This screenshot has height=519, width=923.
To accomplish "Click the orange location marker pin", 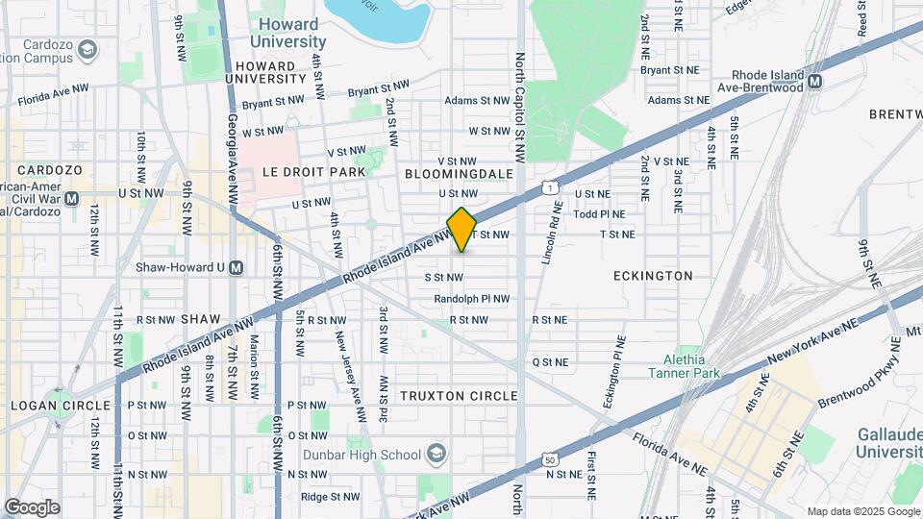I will pyautogui.click(x=462, y=229).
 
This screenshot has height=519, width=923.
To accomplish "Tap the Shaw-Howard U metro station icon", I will pyautogui.click(x=237, y=267).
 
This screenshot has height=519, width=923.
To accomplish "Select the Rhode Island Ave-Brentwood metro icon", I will pyautogui.click(x=814, y=82).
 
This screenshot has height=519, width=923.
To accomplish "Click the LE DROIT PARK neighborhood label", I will pyautogui.click(x=313, y=172).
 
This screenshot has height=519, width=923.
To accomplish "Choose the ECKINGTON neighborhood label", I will pyautogui.click(x=653, y=276).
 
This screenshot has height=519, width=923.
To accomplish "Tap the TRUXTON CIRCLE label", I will pyautogui.click(x=459, y=396).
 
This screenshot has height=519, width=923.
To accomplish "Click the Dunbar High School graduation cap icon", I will pyautogui.click(x=437, y=454).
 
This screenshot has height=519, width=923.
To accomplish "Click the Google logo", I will pyautogui.click(x=32, y=507).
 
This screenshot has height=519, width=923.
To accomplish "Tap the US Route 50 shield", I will pyautogui.click(x=550, y=461).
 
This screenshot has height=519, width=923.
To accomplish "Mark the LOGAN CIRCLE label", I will pyautogui.click(x=62, y=406).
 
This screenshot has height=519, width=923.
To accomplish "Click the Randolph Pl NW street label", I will pyautogui.click(x=471, y=299).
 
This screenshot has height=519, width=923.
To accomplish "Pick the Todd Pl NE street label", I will pyautogui.click(x=599, y=214).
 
